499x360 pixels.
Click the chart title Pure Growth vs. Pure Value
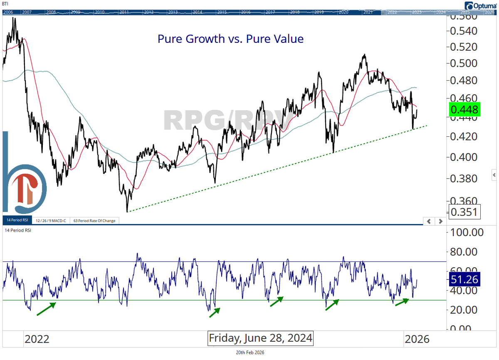click(230, 39)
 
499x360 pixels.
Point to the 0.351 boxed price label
click(464, 212)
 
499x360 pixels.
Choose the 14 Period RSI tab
click(17, 221)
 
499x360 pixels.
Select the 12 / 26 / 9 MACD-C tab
click(51, 221)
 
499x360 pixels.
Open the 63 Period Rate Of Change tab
click(94, 221)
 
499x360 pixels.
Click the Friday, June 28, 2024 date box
click(260, 338)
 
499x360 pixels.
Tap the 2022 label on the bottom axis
click(37, 339)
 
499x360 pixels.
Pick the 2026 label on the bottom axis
click(417, 339)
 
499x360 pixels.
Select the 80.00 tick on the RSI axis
click(467, 252)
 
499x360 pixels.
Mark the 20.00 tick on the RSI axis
click(467, 310)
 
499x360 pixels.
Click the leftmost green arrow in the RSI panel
click(46, 309)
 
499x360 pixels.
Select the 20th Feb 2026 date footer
click(250, 353)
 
